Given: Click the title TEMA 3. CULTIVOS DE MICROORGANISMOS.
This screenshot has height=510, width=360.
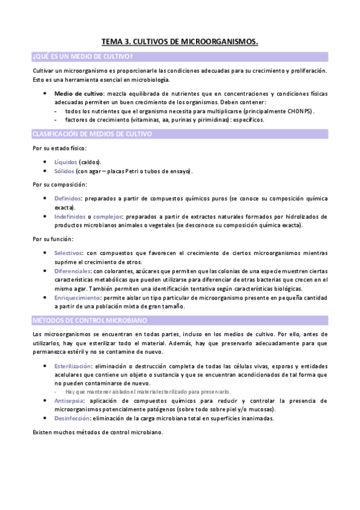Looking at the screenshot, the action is [x=180, y=42].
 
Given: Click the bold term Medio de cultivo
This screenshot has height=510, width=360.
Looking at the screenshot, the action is [x=78, y=94].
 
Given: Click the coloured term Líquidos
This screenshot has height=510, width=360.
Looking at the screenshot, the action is [x=65, y=162].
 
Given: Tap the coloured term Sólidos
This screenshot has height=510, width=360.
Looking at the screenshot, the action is [x=64, y=171].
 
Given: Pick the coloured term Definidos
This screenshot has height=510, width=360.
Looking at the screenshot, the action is [x=67, y=198].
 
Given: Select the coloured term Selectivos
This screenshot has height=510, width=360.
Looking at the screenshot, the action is [x=69, y=253].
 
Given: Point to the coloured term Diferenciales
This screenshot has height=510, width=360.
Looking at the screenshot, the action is [x=72, y=271].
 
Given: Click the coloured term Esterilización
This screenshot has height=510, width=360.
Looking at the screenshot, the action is [x=73, y=366].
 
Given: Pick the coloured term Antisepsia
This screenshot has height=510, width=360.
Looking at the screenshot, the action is [x=69, y=401].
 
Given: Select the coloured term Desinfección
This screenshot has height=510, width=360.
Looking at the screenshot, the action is [x=72, y=418].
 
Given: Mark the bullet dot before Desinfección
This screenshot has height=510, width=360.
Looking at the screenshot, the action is [x=46, y=418].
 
